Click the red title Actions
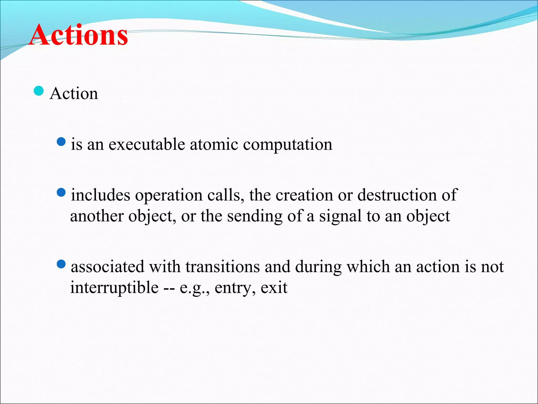(x=78, y=35)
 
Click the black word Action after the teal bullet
(x=74, y=93)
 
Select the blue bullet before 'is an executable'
(x=61, y=142)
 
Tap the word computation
(x=288, y=145)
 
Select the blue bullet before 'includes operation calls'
(x=61, y=193)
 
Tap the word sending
(x=255, y=216)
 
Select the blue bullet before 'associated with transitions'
(x=61, y=264)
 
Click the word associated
(x=108, y=266)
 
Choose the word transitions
(x=223, y=266)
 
